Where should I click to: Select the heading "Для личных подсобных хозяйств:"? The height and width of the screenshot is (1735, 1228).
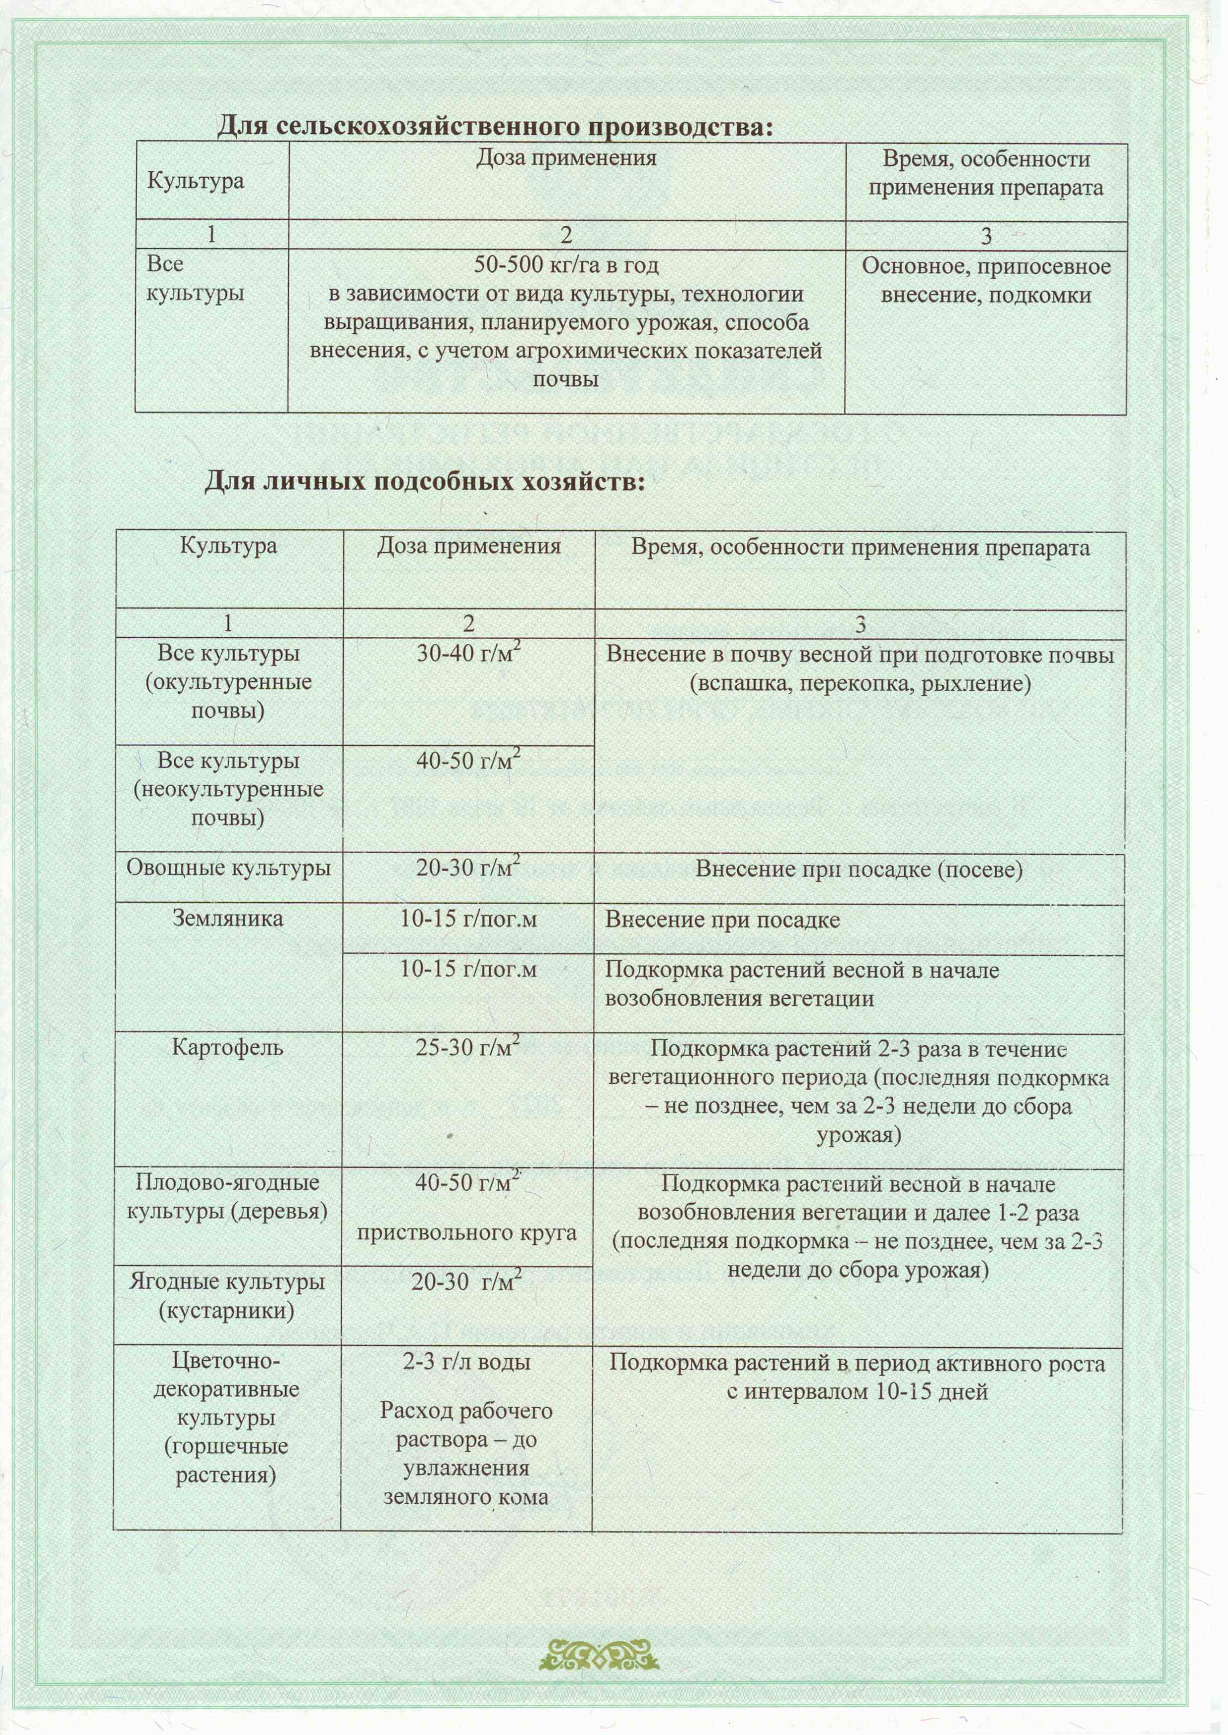(424, 481)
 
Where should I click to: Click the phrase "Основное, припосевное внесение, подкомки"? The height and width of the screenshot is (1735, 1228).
(985, 280)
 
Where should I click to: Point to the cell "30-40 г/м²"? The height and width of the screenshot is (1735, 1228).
(468, 653)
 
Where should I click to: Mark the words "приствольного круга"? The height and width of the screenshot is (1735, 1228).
(466, 1233)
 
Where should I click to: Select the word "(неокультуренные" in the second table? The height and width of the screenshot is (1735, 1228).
(228, 789)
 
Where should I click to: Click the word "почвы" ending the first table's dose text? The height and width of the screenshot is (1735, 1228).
(565, 379)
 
